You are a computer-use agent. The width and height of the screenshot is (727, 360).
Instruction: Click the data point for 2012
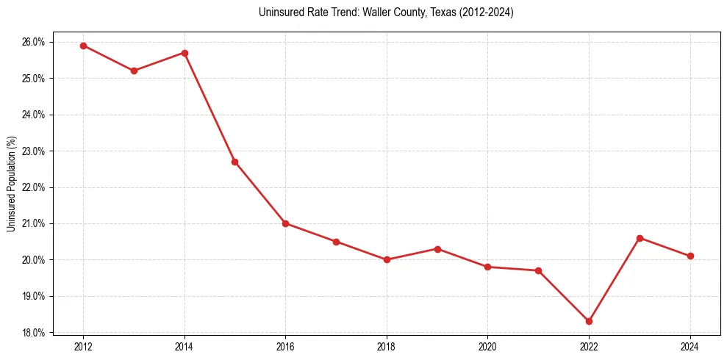click(83, 46)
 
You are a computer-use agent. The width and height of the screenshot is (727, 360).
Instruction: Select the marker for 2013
click(134, 71)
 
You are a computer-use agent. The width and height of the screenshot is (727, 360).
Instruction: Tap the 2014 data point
click(185, 53)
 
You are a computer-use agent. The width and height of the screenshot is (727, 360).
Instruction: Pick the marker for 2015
click(234, 162)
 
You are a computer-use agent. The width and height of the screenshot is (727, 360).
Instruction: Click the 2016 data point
click(285, 223)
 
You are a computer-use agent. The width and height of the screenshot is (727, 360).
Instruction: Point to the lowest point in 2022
click(589, 321)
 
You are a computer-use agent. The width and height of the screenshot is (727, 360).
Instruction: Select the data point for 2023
click(640, 238)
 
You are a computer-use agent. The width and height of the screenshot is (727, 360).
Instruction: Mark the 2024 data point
click(690, 256)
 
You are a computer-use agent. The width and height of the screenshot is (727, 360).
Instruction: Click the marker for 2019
click(437, 249)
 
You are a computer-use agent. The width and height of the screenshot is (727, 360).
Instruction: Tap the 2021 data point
click(538, 270)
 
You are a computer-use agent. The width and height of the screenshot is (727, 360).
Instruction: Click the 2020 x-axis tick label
click(487, 346)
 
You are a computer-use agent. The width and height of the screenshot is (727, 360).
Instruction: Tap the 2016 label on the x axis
click(285, 346)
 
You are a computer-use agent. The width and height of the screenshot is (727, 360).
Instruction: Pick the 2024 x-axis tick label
click(690, 346)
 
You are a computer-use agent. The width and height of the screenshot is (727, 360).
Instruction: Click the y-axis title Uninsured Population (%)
click(11, 184)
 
